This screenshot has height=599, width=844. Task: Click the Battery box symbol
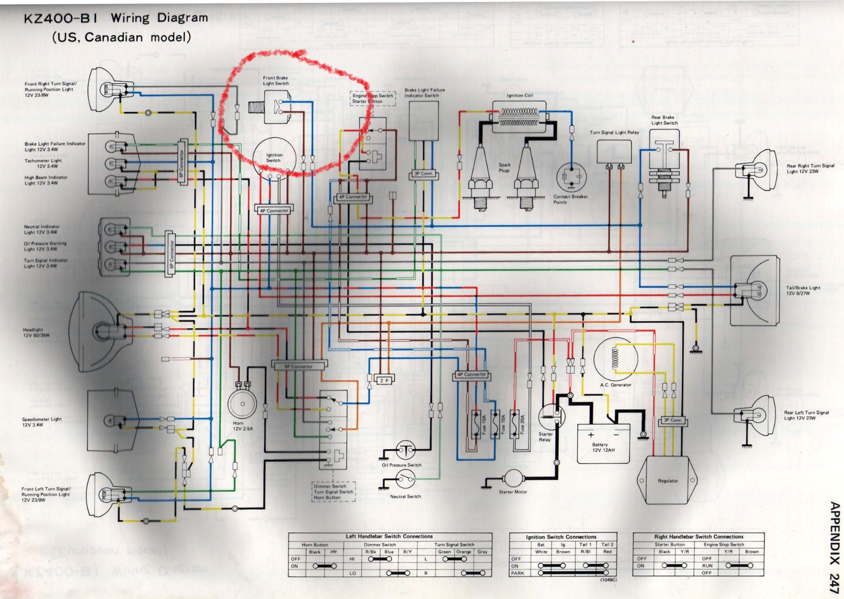point(603,443)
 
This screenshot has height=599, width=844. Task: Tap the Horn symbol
point(242,403)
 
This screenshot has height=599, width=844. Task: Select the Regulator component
point(667,480)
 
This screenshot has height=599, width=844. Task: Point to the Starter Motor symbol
point(513,479)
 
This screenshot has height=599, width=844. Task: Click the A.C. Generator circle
point(616,359)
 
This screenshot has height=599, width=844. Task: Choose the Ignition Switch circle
point(273,157)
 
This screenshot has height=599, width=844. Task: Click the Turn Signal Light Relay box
point(614,151)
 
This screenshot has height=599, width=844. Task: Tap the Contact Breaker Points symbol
point(571,177)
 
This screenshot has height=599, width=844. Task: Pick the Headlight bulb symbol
point(102,330)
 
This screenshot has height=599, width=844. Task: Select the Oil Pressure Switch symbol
point(406,450)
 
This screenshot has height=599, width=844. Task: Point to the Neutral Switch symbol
point(405,481)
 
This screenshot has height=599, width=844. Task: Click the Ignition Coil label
point(519,95)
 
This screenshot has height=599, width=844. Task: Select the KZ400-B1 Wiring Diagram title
point(116,18)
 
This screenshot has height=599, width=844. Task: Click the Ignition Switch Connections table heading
point(561,537)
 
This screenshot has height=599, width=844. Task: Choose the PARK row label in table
point(517,573)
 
